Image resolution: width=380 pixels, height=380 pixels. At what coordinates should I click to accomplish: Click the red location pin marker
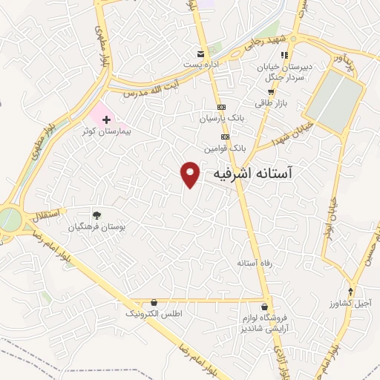[x=191, y=174]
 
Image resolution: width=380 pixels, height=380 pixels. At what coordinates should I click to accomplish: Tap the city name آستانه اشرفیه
[x=253, y=173]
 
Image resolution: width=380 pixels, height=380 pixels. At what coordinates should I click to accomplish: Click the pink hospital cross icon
[x=106, y=119]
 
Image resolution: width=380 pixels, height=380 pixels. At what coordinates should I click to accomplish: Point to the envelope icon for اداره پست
[x=200, y=53]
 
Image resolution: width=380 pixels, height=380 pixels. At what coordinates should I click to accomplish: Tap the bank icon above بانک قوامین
[x=225, y=137]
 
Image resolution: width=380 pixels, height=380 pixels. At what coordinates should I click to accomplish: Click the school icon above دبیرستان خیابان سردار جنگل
[x=284, y=55]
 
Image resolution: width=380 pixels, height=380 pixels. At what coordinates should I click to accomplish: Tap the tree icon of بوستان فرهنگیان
[x=96, y=214]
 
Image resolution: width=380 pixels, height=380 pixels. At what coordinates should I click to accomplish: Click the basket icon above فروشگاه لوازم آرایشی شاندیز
[x=265, y=307]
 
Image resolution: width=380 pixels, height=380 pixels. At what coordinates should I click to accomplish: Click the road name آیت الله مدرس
[x=142, y=94]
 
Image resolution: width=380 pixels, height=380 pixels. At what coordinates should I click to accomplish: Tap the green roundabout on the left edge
[x=8, y=220]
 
